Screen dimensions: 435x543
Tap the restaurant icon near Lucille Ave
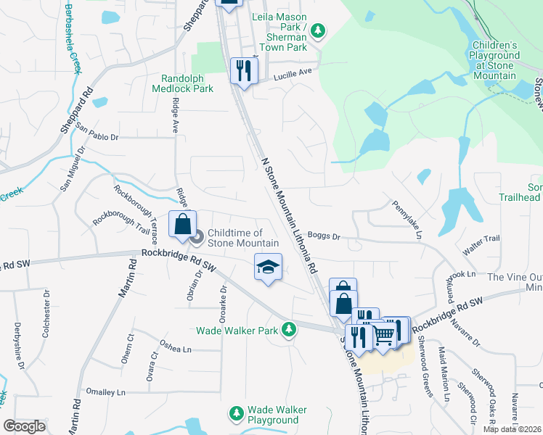(x=242, y=70)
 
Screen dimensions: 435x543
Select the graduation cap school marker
(x=267, y=267)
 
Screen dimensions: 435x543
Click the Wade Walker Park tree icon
(x=289, y=330)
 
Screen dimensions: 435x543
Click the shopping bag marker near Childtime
(x=181, y=224)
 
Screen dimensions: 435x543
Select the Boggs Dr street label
(x=324, y=236)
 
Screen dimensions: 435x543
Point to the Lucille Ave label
(x=293, y=72)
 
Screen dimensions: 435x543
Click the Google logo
(x=24, y=426)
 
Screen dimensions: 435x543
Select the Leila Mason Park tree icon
(x=318, y=30)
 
